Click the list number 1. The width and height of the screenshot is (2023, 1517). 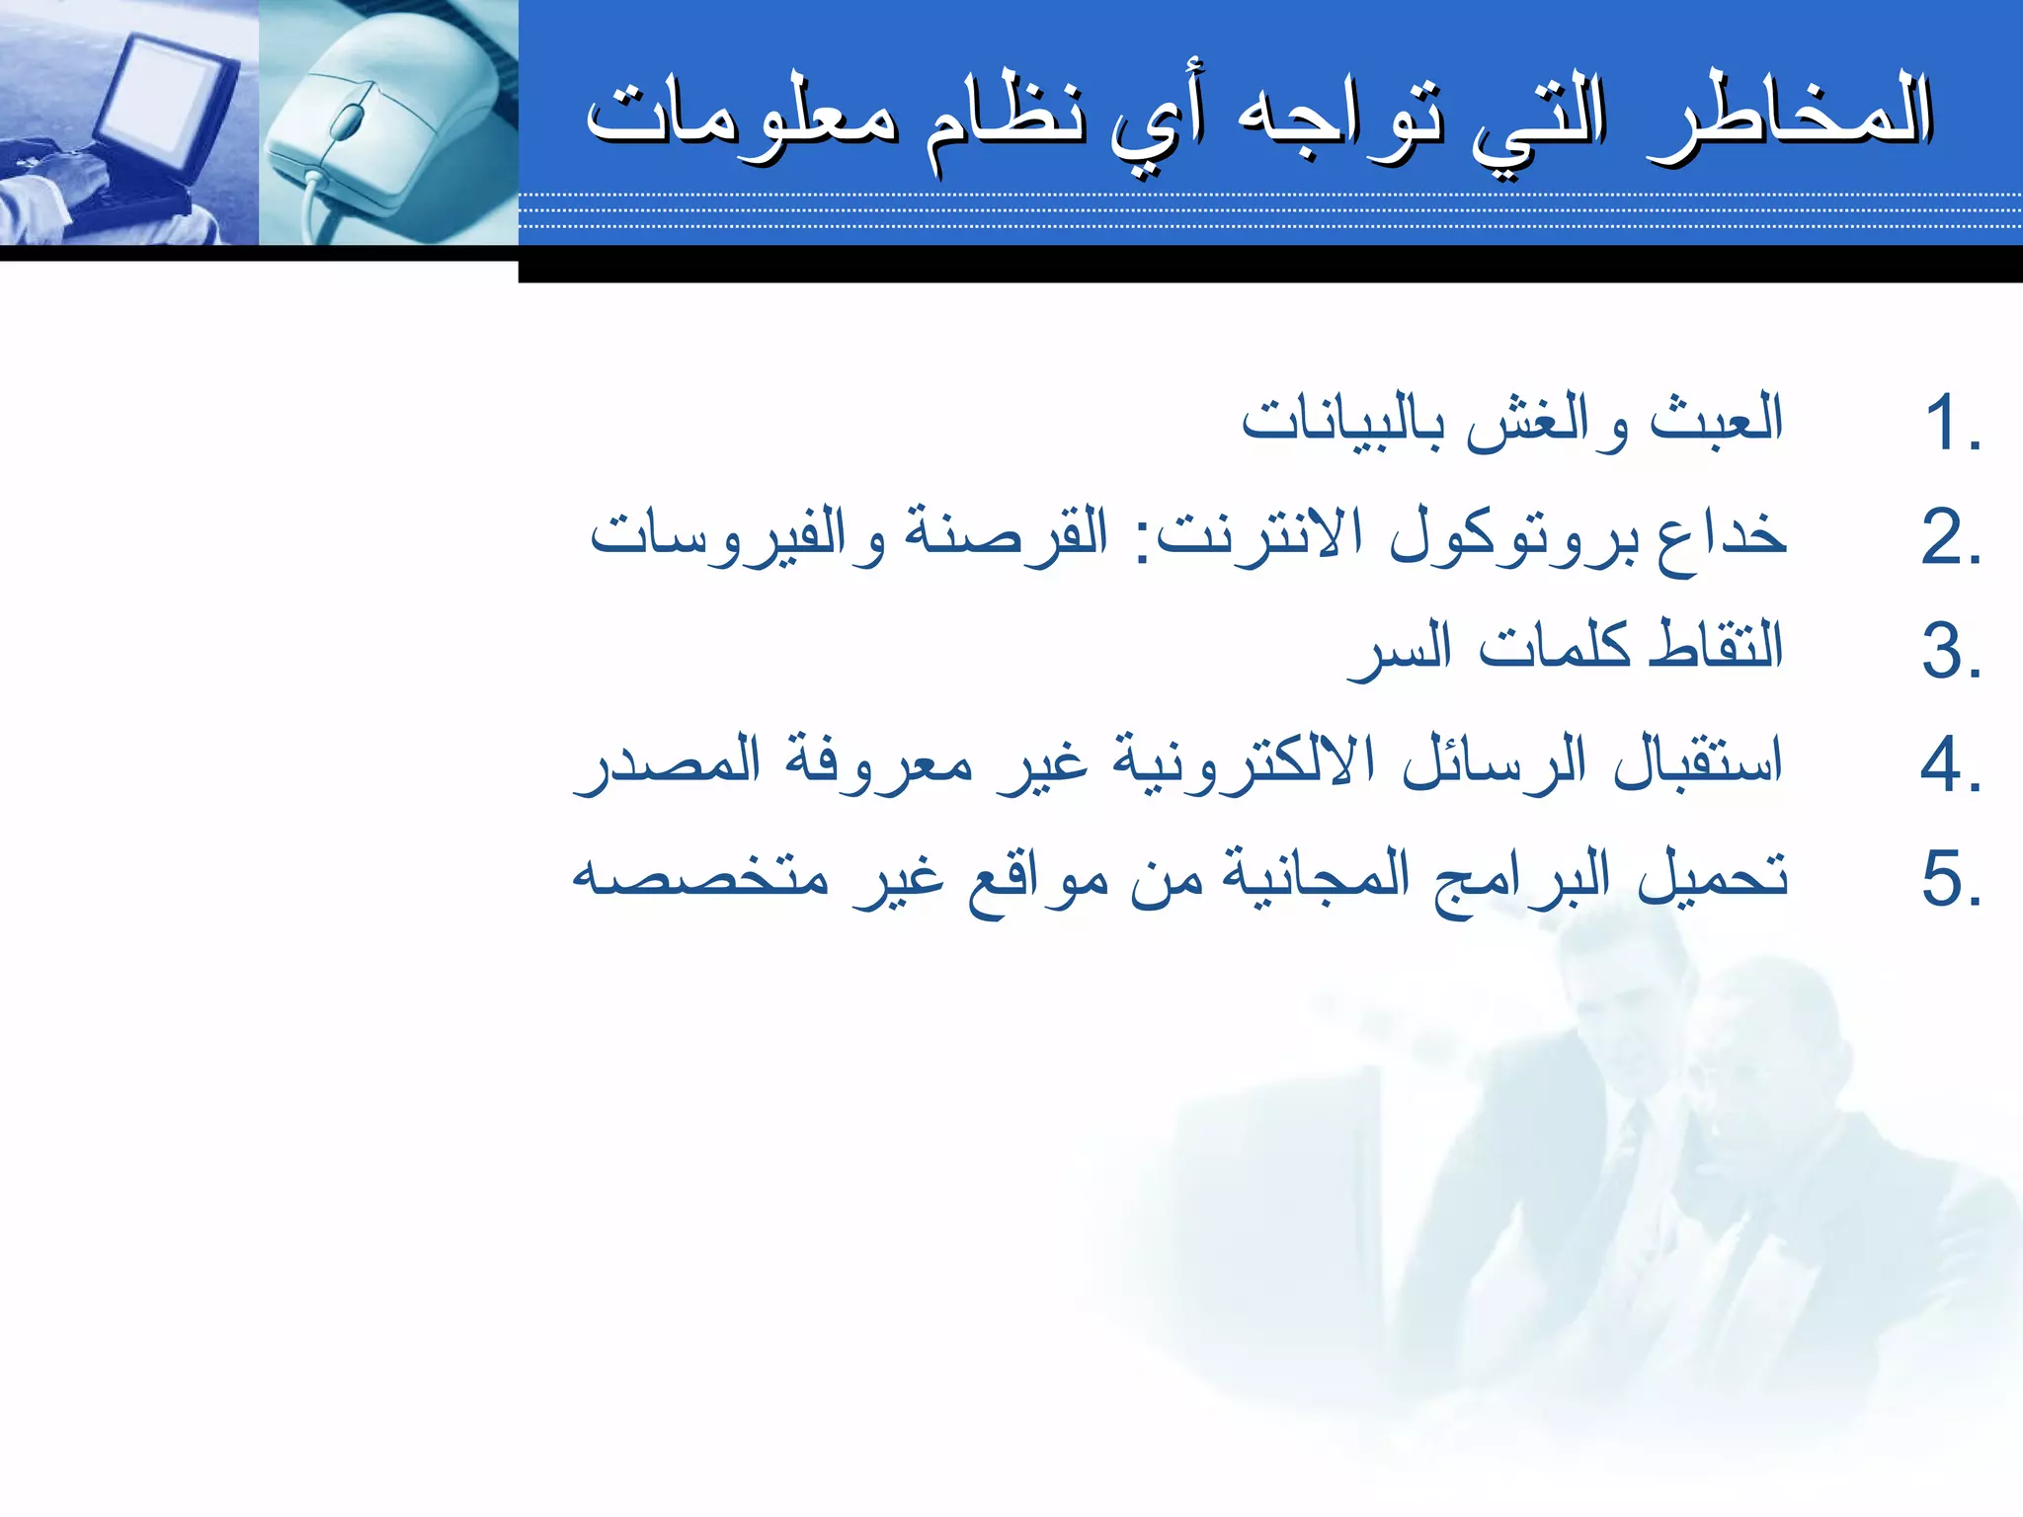[x=1952, y=423]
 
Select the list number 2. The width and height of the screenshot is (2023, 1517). [x=1950, y=537]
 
